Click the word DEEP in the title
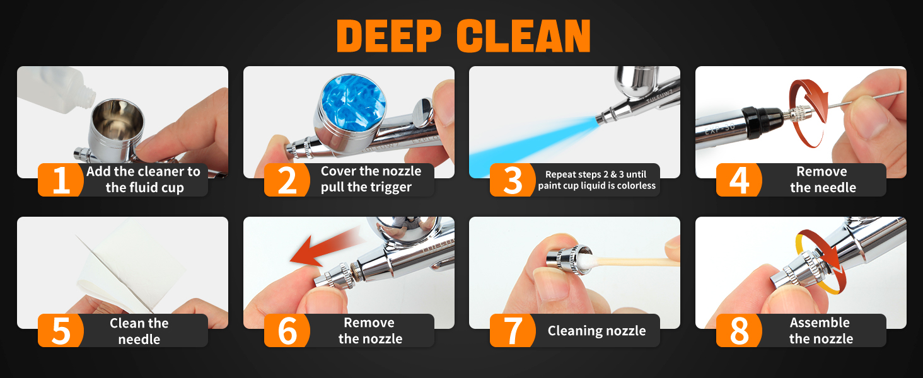click(x=389, y=36)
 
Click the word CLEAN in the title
click(x=524, y=36)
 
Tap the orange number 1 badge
click(x=61, y=180)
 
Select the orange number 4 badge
click(x=739, y=180)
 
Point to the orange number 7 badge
click(x=513, y=330)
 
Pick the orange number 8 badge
click(x=739, y=330)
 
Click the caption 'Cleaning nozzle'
click(x=596, y=331)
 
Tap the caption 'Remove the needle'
click(x=823, y=180)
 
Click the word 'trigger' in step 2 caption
click(x=386, y=187)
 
